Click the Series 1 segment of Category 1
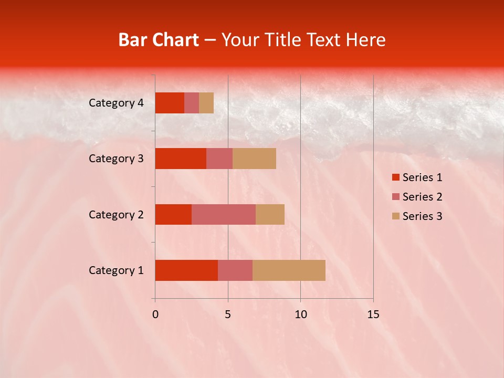point(186,270)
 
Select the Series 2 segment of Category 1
point(235,270)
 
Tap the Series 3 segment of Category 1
point(289,270)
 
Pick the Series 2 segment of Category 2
point(224,214)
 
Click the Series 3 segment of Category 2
point(270,214)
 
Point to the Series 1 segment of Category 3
point(181,159)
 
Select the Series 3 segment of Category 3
point(254,159)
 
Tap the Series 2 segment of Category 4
point(192,103)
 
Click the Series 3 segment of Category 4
point(206,103)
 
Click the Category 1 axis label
point(116,270)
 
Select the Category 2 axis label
point(116,214)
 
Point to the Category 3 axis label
point(116,159)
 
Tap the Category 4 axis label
point(116,103)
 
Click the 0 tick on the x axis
point(155,314)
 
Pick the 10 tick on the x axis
point(300,314)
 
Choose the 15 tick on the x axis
point(373,314)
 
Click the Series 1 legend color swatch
point(396,177)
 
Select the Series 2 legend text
point(422,197)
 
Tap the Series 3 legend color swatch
point(396,216)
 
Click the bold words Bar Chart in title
point(159,40)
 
